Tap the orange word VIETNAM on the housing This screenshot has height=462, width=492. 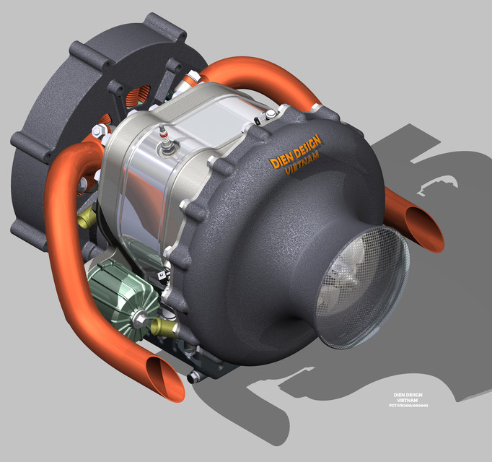pyautogui.click(x=302, y=167)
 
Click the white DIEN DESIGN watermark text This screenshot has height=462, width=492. pyautogui.click(x=408, y=395)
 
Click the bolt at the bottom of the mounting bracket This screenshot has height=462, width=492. pyautogui.click(x=191, y=377)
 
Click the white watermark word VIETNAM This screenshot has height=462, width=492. pyautogui.click(x=408, y=401)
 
